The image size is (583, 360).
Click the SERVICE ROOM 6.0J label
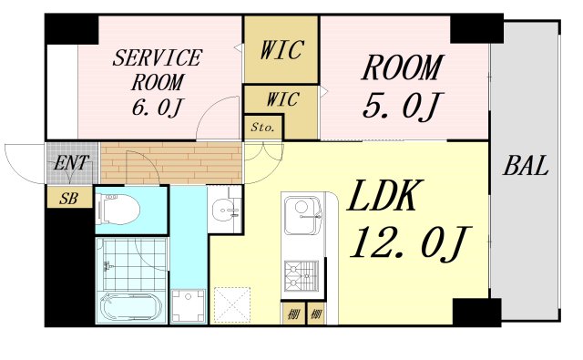pos(157,83)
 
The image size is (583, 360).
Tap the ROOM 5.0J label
pos(403,87)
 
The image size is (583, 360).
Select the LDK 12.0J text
pos(408,219)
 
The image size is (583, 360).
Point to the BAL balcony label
pos(526,166)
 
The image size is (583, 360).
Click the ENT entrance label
pos(71,162)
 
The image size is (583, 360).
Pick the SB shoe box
pos(69,197)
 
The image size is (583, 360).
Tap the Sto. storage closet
pos(263,128)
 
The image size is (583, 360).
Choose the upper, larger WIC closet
pos(281,49)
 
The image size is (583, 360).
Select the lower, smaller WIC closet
pos(281,99)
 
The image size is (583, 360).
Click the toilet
pos(118,209)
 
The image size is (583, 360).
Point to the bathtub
pos(131,307)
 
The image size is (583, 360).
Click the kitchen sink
pos(302,216)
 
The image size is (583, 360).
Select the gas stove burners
pos(302,276)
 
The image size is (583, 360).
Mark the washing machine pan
pos(189,306)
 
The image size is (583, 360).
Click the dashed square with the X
pos(233,305)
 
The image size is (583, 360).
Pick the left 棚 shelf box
pos(293,314)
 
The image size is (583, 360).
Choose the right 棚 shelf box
pos(316,314)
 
